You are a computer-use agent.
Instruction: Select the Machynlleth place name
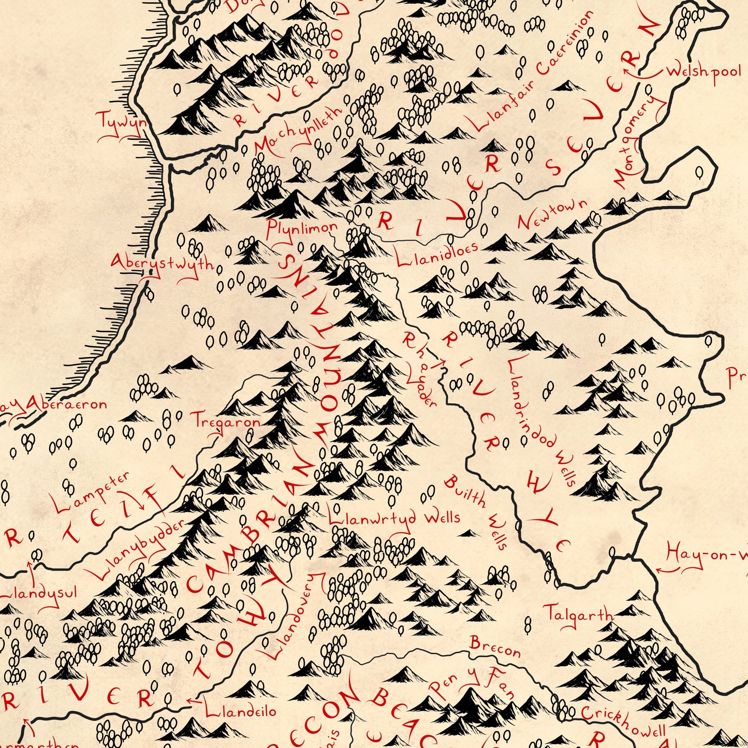(x=299, y=130)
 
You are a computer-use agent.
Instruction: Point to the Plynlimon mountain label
(x=301, y=228)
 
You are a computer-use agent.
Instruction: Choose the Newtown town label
(x=552, y=214)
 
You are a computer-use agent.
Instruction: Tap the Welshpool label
(x=703, y=71)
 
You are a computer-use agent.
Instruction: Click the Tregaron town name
(x=226, y=421)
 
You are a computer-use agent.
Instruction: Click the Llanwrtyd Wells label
(x=394, y=518)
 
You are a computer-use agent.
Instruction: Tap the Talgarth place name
(x=578, y=614)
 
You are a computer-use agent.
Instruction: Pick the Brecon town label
(x=495, y=647)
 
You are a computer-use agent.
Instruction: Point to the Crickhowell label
(x=622, y=721)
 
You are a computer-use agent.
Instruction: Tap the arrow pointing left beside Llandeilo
(x=193, y=701)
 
